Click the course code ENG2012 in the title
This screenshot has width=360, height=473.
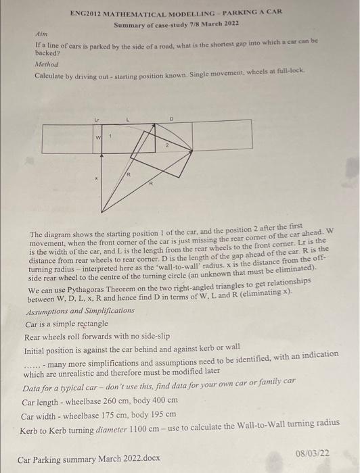click(87, 13)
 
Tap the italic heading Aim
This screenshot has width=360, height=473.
click(40, 32)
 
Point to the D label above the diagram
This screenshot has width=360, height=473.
click(171, 118)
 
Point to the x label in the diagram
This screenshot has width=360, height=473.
click(97, 178)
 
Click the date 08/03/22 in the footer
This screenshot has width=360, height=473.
click(313, 454)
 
